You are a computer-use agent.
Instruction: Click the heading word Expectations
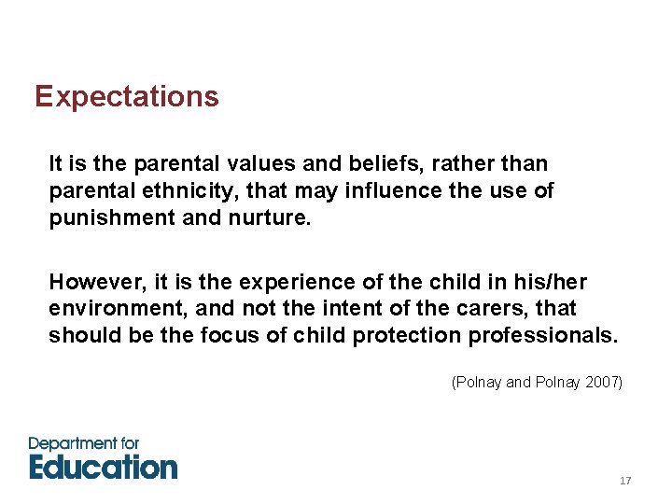pyautogui.click(x=126, y=97)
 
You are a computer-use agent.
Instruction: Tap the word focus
pyautogui.click(x=230, y=336)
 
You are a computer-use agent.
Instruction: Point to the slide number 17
pyautogui.click(x=625, y=481)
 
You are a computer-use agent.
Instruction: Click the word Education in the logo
pyautogui.click(x=103, y=467)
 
